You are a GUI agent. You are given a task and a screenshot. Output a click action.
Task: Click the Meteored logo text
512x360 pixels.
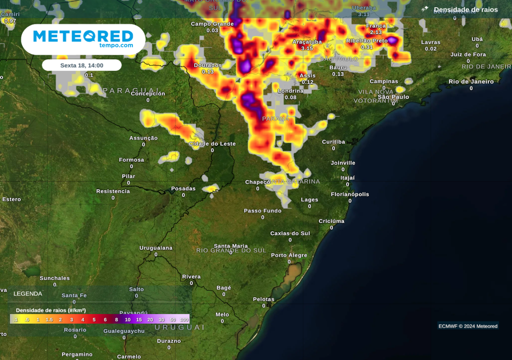point(83,36)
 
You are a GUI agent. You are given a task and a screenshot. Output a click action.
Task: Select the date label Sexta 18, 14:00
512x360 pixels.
point(81,65)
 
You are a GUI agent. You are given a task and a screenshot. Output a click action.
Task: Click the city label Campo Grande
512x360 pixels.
point(212,24)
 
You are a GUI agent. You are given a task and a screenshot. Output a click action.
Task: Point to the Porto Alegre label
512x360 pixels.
point(289,255)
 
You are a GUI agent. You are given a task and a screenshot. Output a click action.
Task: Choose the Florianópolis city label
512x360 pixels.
point(350,194)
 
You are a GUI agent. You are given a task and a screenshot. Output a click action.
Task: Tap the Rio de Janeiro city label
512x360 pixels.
point(471,81)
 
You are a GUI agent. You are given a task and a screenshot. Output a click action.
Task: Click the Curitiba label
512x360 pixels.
point(333,142)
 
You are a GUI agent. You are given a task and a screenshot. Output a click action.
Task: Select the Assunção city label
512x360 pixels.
point(143,138)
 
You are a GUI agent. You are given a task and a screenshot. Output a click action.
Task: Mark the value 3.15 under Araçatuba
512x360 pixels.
point(307,48)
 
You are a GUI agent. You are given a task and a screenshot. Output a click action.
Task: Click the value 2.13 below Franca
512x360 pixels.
point(376,32)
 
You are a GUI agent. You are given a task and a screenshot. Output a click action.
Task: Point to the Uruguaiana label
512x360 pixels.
point(155,248)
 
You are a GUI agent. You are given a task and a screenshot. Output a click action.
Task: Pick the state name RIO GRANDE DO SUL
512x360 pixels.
point(231,250)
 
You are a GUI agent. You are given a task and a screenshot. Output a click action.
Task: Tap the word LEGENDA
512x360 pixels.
point(28,293)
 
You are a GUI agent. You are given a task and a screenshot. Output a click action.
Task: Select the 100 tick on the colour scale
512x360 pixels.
point(184,319)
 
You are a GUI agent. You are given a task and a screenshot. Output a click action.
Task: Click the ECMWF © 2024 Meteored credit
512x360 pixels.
point(467,326)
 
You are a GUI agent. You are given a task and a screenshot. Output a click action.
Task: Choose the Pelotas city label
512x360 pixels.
point(263,299)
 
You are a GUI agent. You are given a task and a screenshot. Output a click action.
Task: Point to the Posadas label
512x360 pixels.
point(183,188)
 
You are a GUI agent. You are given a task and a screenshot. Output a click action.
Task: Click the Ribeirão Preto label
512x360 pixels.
point(367,40)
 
